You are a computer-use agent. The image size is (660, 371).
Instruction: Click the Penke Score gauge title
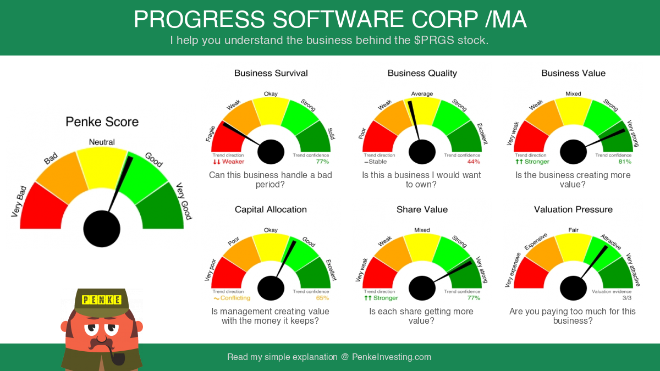point(102,122)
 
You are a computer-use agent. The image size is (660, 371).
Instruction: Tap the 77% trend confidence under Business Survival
point(322,162)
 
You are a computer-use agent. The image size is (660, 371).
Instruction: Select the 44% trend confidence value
point(474,162)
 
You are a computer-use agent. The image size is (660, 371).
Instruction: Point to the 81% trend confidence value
point(625,162)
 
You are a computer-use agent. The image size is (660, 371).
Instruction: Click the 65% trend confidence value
point(322,298)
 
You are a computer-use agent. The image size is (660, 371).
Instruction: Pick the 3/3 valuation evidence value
point(627,298)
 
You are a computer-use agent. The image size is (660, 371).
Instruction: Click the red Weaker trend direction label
point(229,162)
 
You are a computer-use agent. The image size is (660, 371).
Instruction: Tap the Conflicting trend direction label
point(232,298)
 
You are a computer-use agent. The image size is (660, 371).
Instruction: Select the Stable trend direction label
point(376,162)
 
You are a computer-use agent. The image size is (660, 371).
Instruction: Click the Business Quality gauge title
point(422,73)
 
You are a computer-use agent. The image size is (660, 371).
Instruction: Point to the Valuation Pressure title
point(573,209)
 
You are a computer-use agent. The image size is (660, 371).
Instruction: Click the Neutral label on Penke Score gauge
point(102,142)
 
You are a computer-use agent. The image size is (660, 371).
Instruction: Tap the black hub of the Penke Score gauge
point(102,229)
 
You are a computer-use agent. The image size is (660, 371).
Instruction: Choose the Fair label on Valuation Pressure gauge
point(573,230)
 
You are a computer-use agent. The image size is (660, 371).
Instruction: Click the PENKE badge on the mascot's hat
point(102,300)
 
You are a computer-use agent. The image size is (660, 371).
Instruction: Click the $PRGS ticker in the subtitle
point(434,40)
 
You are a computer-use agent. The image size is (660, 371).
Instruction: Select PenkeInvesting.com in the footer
point(392,357)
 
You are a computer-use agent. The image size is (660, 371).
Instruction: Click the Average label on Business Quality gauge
point(422,93)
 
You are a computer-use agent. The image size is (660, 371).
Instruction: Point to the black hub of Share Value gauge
point(422,288)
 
